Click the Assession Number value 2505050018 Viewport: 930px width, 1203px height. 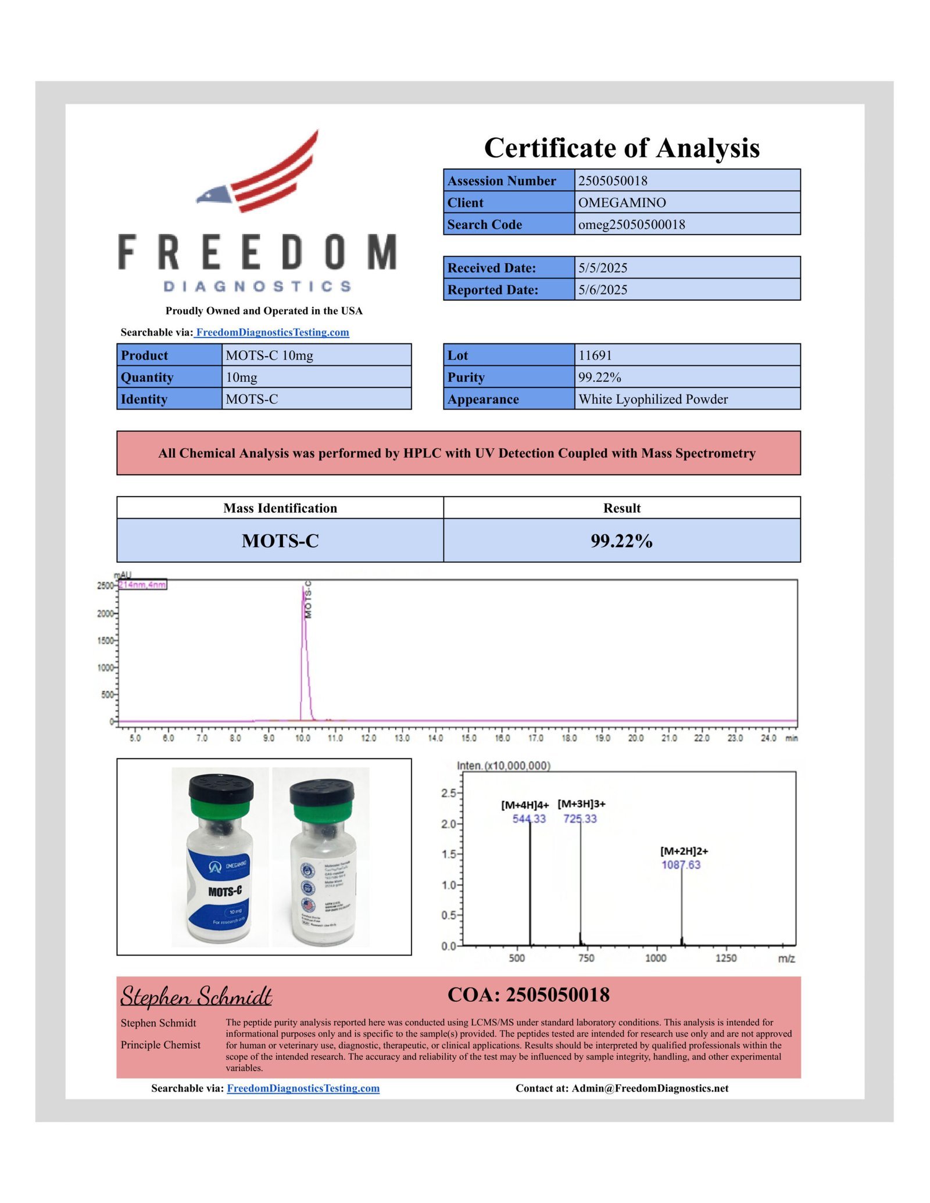tap(613, 181)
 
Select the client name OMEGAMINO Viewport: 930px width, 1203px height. tap(622, 203)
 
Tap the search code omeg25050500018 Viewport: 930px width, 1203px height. tap(631, 225)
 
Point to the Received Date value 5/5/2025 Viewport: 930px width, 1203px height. tap(603, 268)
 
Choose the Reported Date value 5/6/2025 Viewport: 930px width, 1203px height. tap(603, 290)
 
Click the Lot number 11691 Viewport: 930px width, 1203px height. tap(595, 355)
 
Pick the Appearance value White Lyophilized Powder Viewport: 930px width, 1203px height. tap(653, 400)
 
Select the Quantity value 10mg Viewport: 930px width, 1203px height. tap(241, 378)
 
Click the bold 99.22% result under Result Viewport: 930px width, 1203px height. tap(621, 541)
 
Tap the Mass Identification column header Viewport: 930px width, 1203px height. tap(280, 508)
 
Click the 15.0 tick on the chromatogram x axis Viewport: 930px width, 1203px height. tap(468, 738)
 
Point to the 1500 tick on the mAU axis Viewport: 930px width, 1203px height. tap(106, 641)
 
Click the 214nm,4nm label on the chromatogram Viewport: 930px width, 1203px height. tap(142, 584)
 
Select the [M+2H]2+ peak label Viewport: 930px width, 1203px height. tap(684, 851)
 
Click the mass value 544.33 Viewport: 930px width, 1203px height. tap(529, 818)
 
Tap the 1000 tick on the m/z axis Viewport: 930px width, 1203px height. tap(656, 958)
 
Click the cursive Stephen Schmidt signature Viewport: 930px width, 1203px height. tap(196, 997)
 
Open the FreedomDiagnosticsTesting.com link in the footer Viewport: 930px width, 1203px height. tap(303, 1089)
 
